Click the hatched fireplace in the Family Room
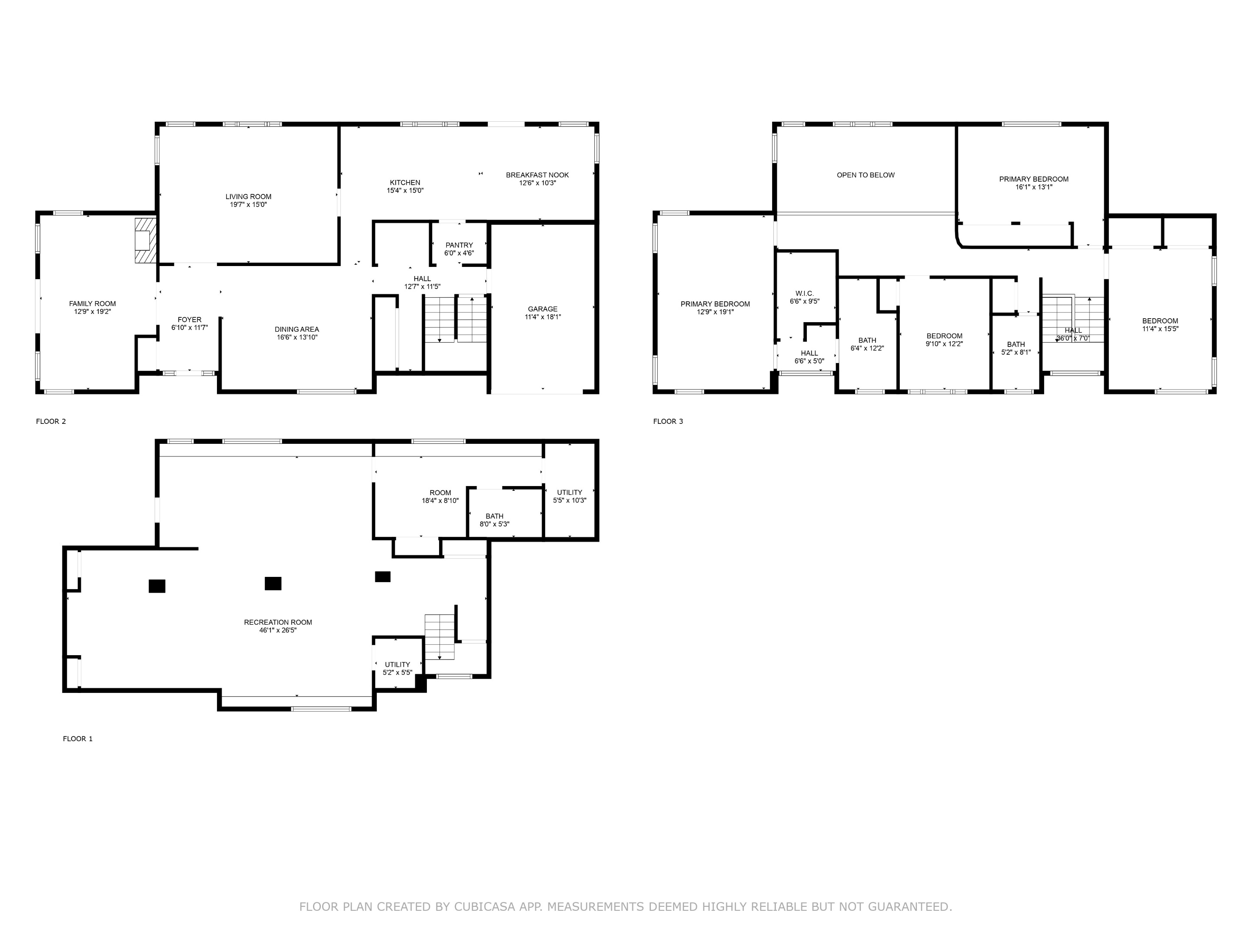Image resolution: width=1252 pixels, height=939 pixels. pos(145,240)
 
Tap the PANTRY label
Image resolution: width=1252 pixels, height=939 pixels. pos(459,245)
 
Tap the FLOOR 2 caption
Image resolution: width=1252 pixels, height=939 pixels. pos(51,421)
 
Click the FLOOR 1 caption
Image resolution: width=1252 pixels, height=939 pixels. pos(77,738)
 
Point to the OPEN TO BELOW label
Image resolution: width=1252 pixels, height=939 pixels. pos(866,175)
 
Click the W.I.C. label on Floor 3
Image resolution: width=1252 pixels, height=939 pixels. pos(804,293)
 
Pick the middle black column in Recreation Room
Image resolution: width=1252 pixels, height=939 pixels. pos(273,583)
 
